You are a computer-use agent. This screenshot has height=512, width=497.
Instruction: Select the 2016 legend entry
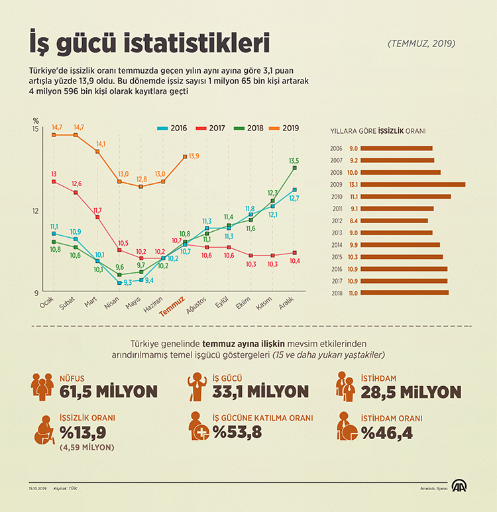point(172,128)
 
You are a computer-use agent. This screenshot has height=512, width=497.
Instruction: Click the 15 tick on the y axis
point(35,128)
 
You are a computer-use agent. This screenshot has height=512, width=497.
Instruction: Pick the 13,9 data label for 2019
point(193,156)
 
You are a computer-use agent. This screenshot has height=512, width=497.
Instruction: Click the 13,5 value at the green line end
point(294,160)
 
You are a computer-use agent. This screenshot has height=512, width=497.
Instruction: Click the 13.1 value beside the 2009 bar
point(353,185)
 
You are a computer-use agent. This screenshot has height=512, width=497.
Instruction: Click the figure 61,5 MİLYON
point(108,391)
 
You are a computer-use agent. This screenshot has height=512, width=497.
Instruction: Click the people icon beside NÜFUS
point(42,387)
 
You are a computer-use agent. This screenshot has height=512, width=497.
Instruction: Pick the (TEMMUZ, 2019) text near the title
point(421,44)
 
